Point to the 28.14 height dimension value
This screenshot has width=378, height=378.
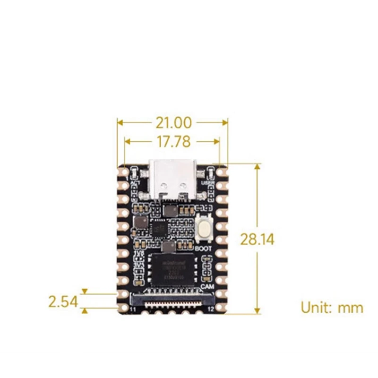(257, 239)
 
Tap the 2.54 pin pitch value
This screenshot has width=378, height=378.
(63, 301)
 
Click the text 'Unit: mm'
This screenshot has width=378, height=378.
(332, 308)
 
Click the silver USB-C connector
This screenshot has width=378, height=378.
(172, 179)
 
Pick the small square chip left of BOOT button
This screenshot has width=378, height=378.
(159, 229)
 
